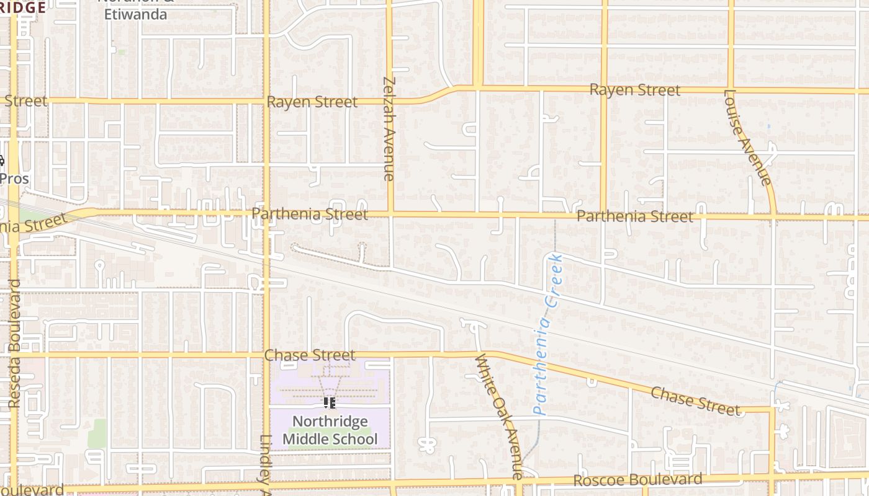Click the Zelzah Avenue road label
(389, 128)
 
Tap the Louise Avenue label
(747, 138)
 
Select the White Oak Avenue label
(500, 416)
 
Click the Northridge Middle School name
(330, 430)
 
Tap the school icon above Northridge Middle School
(330, 403)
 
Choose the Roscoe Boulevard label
(637, 480)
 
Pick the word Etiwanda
(135, 14)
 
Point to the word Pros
(14, 179)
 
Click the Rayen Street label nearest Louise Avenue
(634, 90)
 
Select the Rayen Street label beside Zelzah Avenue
(312, 102)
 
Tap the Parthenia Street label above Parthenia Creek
(634, 216)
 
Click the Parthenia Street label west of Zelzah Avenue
(309, 215)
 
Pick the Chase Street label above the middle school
(309, 355)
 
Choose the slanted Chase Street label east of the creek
(695, 401)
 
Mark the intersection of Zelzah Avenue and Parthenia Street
(390, 215)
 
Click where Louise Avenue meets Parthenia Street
(773, 217)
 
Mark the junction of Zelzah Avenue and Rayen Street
(390, 101)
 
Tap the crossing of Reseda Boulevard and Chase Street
(14, 355)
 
